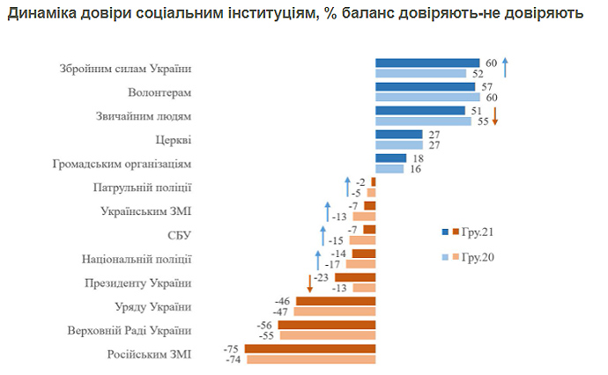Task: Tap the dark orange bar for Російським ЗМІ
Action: tap(310, 349)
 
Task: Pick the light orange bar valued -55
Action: tap(328, 335)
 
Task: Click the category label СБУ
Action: tap(179, 235)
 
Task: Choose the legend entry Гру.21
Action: tap(472, 232)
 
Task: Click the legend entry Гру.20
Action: tap(472, 256)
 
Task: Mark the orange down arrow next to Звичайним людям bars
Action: tap(495, 116)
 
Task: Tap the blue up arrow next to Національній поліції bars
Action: tap(317, 259)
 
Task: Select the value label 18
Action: tap(417, 158)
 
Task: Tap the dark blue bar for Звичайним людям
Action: tap(419, 111)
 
